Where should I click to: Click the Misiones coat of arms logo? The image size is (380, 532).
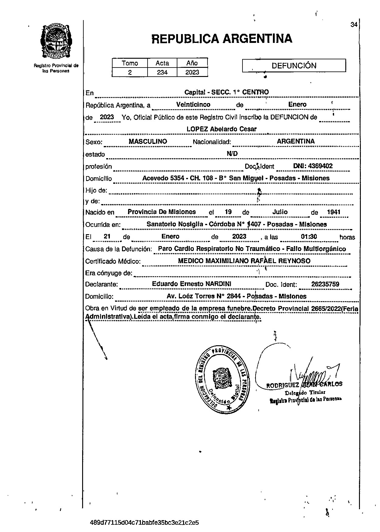[x=56, y=41]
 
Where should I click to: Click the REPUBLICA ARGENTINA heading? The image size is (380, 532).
[x=221, y=39]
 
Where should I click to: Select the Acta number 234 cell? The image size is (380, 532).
[x=162, y=72]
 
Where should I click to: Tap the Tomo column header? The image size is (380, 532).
[x=130, y=63]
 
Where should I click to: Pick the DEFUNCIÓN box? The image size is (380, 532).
[x=294, y=65]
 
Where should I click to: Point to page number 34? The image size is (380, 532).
[x=354, y=25]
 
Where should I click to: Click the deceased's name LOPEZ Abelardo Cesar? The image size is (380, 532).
[x=221, y=129]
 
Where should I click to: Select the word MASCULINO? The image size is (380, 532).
[x=148, y=141]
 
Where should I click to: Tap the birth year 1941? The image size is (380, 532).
[x=333, y=212]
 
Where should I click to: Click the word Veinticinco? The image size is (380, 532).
[x=193, y=104]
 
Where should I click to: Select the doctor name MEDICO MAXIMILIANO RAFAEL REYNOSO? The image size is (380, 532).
[x=244, y=261]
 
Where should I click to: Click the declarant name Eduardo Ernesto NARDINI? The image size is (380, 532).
[x=192, y=284]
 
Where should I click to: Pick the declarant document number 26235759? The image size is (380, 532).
[x=325, y=284]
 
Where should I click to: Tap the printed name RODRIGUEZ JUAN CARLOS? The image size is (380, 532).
[x=304, y=384]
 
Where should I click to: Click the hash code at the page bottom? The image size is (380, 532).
[x=145, y=523]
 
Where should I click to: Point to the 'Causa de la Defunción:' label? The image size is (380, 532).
[x=118, y=249]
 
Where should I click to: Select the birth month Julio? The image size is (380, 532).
[x=280, y=212]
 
